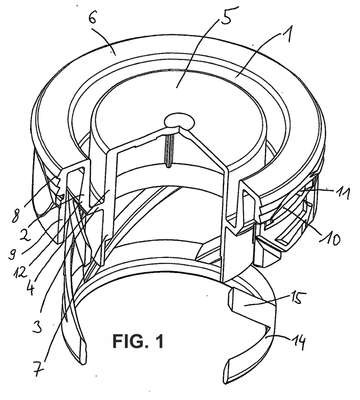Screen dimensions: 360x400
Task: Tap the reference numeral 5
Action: tap(226, 14)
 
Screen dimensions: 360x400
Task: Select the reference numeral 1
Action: tap(287, 31)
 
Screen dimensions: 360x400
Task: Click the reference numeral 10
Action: tap(331, 239)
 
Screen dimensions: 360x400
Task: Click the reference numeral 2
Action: tap(24, 235)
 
